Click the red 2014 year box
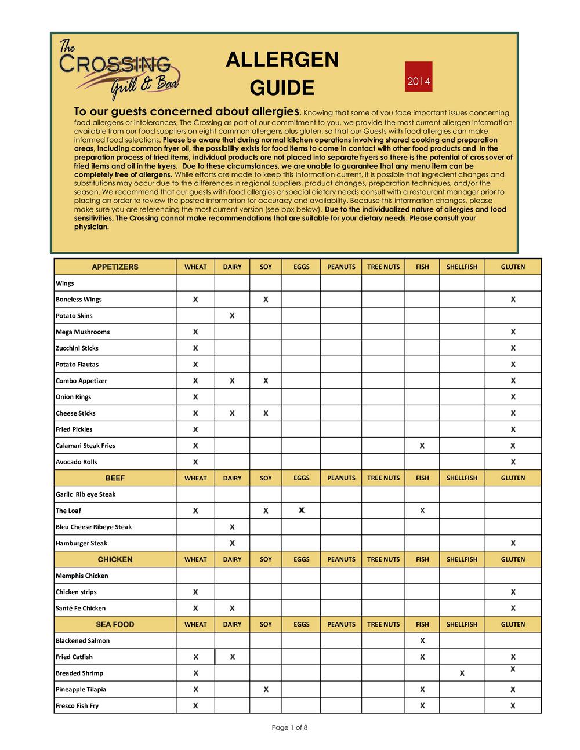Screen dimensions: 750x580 [x=418, y=81]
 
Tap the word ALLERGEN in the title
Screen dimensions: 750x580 [x=282, y=60]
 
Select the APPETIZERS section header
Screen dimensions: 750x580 [x=115, y=267]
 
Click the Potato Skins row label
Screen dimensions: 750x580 [x=74, y=316]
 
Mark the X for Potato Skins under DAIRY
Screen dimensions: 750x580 [x=232, y=316]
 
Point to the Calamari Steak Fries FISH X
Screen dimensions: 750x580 [x=422, y=446]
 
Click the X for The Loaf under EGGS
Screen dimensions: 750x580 [x=301, y=511]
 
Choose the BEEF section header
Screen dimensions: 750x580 [x=115, y=478]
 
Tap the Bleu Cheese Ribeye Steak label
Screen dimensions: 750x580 [x=93, y=527]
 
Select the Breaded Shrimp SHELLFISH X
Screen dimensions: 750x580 [x=462, y=673]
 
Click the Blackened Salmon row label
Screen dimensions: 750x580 [x=82, y=640]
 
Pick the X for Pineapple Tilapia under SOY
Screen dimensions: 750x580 [x=266, y=689]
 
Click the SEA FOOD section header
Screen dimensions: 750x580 [x=115, y=624]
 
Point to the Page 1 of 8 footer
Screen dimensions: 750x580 [x=289, y=728]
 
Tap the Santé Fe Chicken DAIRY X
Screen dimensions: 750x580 [x=232, y=608]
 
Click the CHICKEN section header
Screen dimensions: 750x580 [x=115, y=559]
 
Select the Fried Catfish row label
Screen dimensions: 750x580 [x=74, y=657]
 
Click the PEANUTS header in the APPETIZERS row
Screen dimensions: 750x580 [x=341, y=267]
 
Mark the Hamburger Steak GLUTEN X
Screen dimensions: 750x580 [x=513, y=543]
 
